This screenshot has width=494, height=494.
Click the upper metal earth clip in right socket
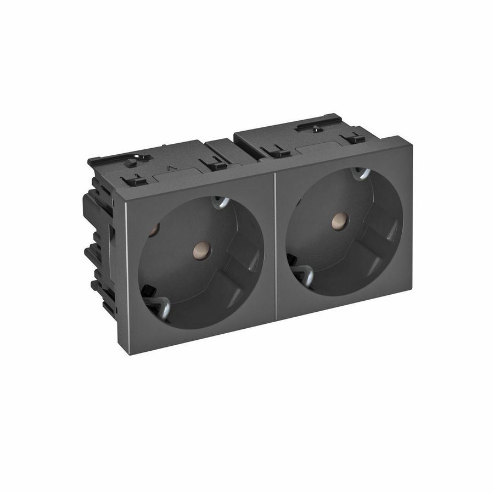click(x=360, y=174)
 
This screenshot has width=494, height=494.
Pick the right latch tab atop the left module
click(x=215, y=164)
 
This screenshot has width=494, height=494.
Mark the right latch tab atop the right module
click(x=356, y=137)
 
